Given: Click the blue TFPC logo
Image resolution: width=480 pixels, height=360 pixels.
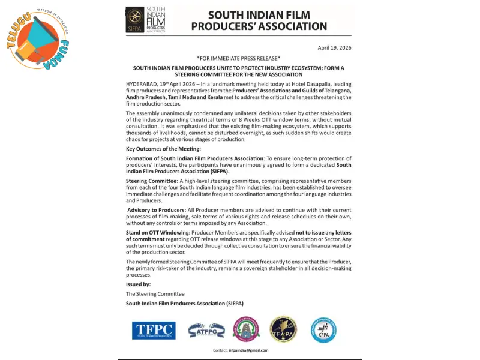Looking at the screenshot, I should pyautogui.click(x=154, y=329).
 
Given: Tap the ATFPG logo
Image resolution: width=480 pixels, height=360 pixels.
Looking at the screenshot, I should pyautogui.click(x=206, y=329).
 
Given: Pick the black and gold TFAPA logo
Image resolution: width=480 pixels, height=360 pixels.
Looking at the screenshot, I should pyautogui.click(x=283, y=329).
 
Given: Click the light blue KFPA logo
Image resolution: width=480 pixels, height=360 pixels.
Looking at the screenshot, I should pyautogui.click(x=323, y=329).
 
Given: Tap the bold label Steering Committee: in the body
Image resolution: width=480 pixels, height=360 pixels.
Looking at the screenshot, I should pyautogui.click(x=152, y=181).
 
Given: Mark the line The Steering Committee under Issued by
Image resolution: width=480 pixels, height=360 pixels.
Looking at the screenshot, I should pyautogui.click(x=155, y=293).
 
